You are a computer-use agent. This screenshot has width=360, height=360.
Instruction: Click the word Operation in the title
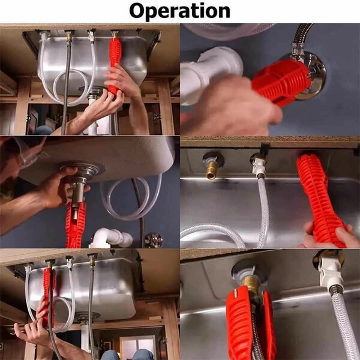click(179, 11)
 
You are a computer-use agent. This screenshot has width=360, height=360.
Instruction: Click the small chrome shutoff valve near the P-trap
click(153, 239)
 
